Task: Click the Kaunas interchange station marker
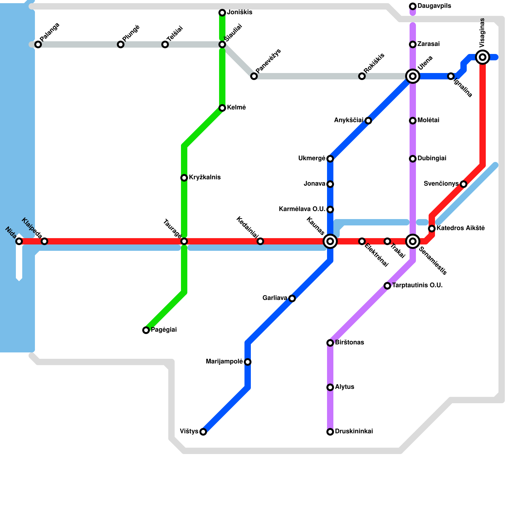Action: pyautogui.click(x=330, y=241)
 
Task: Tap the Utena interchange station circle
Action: pyautogui.click(x=413, y=76)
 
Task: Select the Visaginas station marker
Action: pyautogui.click(x=483, y=57)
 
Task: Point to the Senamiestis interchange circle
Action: pyautogui.click(x=413, y=241)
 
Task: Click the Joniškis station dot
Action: pyautogui.click(x=222, y=13)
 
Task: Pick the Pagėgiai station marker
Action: pyautogui.click(x=146, y=330)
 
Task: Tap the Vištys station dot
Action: pyautogui.click(x=203, y=432)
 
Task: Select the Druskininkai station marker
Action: pyautogui.click(x=330, y=432)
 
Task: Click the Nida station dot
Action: pyautogui.click(x=19, y=241)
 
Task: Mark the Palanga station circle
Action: pyautogui.click(x=38, y=44)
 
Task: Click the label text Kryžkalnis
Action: pyautogui.click(x=204, y=177)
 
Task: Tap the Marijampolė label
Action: pyautogui.click(x=224, y=362)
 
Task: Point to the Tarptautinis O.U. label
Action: pyautogui.click(x=417, y=285)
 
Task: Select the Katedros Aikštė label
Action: pyautogui.click(x=460, y=228)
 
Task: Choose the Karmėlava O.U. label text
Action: pyautogui.click(x=302, y=209)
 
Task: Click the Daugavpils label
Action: pyautogui.click(x=434, y=6)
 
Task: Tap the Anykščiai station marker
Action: pyautogui.click(x=368, y=121)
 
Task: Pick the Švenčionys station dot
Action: pyautogui.click(x=464, y=184)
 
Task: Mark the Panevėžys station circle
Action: pyautogui.click(x=254, y=76)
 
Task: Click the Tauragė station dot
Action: pyautogui.click(x=184, y=241)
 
